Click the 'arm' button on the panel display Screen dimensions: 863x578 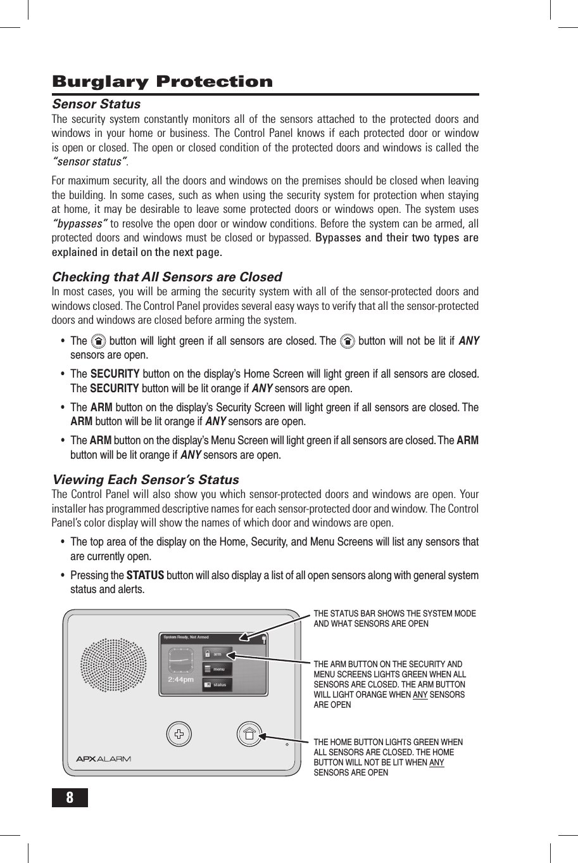click(x=217, y=654)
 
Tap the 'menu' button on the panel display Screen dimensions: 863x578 click(x=217, y=669)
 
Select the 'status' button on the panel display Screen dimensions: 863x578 click(x=217, y=684)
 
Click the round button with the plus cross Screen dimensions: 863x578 click(x=179, y=734)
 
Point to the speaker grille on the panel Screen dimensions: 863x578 click(x=113, y=665)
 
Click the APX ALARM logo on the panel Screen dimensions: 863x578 click(x=103, y=759)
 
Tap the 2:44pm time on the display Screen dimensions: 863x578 click(x=180, y=679)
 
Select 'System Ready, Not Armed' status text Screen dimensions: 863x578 click(x=185, y=637)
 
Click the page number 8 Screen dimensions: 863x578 click(x=70, y=798)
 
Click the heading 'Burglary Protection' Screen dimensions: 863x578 click(x=162, y=82)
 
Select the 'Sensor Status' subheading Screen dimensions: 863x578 click(x=96, y=104)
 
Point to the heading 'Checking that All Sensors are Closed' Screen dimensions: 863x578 click(x=166, y=277)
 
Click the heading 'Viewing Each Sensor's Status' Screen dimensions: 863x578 click(x=145, y=480)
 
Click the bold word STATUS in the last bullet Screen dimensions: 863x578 click(x=145, y=575)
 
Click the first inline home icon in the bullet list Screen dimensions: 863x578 click(x=98, y=341)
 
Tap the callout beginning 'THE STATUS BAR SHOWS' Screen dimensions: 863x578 click(x=394, y=618)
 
